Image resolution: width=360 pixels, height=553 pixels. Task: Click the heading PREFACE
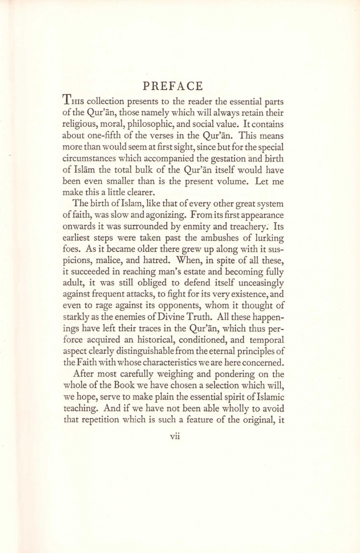(x=173, y=86)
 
